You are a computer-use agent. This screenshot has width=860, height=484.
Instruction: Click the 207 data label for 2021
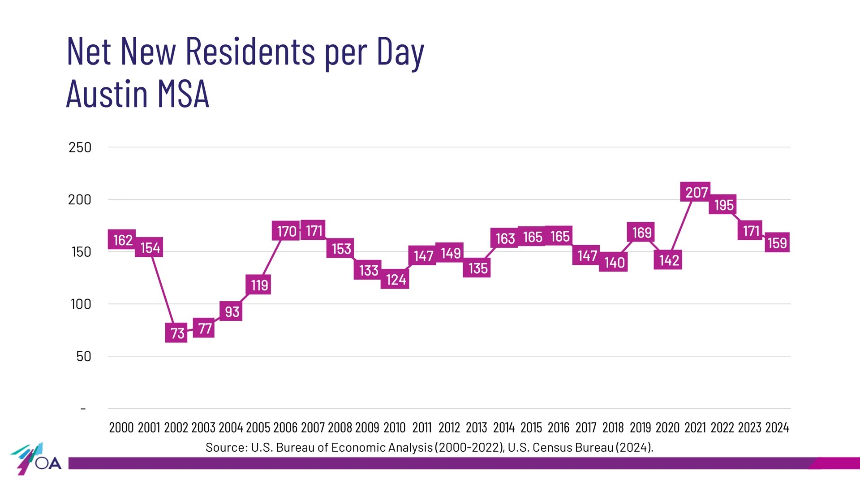point(696,192)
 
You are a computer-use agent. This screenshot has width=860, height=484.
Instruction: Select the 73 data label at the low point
point(176,333)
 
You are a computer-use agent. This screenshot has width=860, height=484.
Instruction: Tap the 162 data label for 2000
point(122,240)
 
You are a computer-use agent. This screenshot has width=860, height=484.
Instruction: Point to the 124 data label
point(395,279)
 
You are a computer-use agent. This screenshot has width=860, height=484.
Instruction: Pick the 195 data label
point(723,205)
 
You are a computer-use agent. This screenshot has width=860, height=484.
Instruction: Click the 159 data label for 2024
point(777,243)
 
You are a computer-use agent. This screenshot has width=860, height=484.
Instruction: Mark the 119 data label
point(258,285)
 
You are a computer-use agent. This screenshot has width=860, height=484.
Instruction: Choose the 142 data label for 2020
point(668,260)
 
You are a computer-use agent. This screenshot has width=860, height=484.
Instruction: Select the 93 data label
point(231,311)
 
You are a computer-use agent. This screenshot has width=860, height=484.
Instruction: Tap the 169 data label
point(641,233)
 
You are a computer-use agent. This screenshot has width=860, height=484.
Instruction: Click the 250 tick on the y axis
point(80,147)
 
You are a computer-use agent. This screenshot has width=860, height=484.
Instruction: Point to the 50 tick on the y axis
point(83,357)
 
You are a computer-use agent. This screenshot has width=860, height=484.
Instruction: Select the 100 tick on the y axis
point(81,304)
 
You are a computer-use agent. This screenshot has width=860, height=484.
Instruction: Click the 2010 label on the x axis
point(394,428)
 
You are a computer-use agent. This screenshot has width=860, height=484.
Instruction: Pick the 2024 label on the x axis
point(777,428)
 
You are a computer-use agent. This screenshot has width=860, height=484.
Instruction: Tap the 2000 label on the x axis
point(121,428)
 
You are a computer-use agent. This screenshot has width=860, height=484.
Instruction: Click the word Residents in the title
point(250,52)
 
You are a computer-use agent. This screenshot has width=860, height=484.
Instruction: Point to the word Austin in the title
point(107,94)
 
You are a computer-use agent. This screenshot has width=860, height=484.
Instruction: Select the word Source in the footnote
point(225,447)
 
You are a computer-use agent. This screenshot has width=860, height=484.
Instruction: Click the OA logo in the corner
point(36,459)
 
